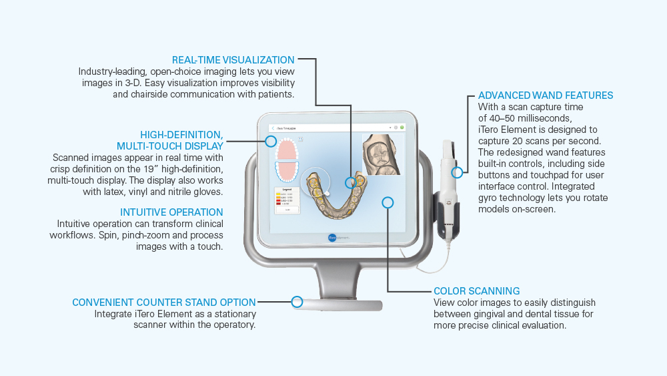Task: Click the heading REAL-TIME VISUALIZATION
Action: click(x=233, y=60)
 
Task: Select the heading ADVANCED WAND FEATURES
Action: click(x=545, y=96)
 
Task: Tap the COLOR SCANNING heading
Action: click(x=476, y=291)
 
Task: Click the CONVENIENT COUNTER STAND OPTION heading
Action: click(x=164, y=303)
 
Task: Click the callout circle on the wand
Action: click(x=457, y=172)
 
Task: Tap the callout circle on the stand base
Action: click(x=297, y=302)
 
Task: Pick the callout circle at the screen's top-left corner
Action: click(x=271, y=141)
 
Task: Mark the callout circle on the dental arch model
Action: click(x=351, y=182)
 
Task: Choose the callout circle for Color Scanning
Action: click(x=388, y=202)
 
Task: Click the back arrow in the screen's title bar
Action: click(x=272, y=126)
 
